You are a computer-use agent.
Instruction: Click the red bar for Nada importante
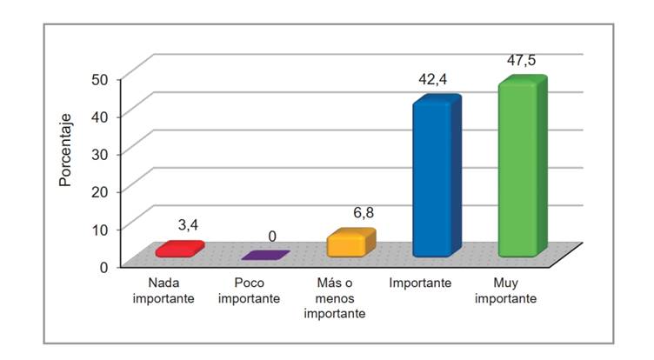click(x=178, y=250)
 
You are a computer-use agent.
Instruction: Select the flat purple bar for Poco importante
click(x=265, y=256)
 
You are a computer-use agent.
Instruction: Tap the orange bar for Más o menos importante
click(x=350, y=243)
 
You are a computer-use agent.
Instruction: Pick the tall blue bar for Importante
click(x=434, y=178)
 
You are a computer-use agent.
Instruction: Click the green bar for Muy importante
click(x=519, y=169)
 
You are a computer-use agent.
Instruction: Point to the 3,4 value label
click(x=189, y=225)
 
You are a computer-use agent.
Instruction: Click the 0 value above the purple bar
click(x=272, y=236)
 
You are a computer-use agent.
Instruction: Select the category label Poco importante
click(x=250, y=290)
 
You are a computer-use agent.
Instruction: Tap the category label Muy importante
click(x=505, y=290)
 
